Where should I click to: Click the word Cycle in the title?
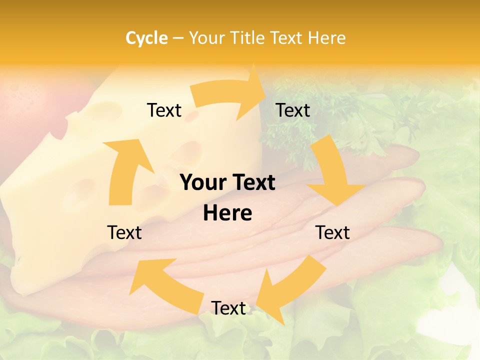(x=146, y=38)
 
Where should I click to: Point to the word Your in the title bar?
(x=207, y=38)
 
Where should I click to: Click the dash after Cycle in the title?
(x=178, y=38)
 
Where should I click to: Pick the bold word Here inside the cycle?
(x=227, y=213)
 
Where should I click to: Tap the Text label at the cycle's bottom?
(x=228, y=308)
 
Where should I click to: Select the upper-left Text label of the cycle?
(x=164, y=110)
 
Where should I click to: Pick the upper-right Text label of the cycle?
(x=293, y=110)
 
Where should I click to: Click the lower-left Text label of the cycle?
(x=124, y=232)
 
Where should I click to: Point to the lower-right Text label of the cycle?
(x=332, y=232)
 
